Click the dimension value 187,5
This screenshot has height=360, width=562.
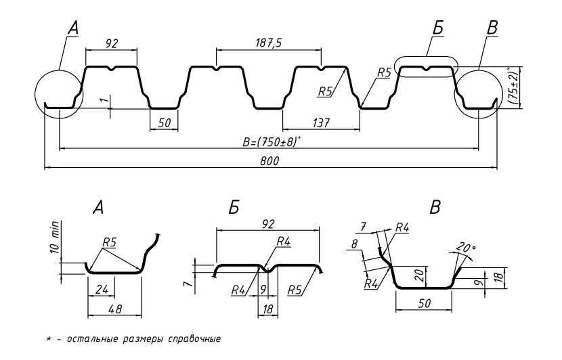[x=269, y=43]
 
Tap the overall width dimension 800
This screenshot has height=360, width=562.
[x=269, y=161]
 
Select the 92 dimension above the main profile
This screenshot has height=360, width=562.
[x=112, y=43]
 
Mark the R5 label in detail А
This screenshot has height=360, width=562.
[x=109, y=240]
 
